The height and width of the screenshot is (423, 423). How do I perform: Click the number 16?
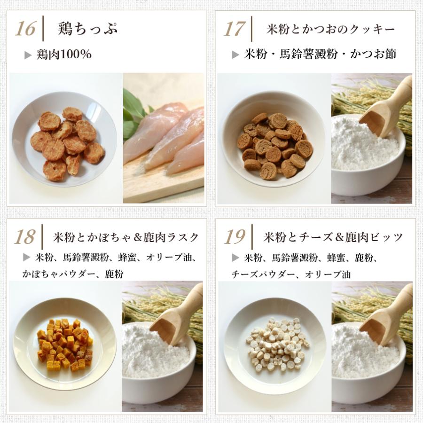(x=25, y=29)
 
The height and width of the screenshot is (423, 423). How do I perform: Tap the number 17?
(x=234, y=29)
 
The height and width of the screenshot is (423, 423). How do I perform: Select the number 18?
(x=24, y=237)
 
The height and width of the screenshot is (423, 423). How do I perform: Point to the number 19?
(x=234, y=237)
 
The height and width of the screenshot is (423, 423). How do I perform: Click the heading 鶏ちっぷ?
(x=88, y=29)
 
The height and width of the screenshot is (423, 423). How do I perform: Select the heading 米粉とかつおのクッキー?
(x=330, y=29)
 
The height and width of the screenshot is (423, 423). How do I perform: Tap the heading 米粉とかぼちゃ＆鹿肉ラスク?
(x=125, y=237)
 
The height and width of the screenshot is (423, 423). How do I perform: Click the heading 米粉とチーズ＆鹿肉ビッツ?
(x=333, y=237)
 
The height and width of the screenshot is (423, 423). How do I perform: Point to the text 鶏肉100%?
(x=64, y=55)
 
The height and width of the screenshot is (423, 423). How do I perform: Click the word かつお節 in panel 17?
(x=373, y=54)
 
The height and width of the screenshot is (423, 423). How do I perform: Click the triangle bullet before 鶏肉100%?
(x=28, y=55)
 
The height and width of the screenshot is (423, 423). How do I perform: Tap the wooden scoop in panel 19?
(x=386, y=316)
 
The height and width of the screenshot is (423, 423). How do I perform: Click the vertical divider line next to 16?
(x=43, y=29)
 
